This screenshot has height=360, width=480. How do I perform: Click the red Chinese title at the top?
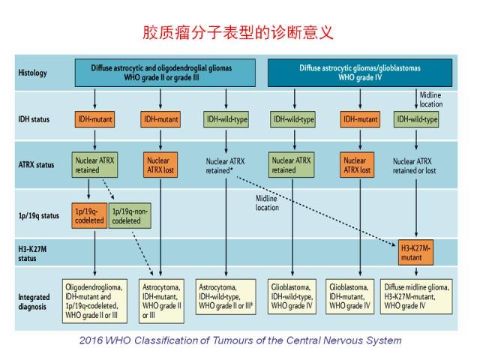(238, 33)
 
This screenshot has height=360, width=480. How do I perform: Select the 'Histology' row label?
(32, 73)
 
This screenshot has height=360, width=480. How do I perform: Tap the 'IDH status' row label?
(34, 119)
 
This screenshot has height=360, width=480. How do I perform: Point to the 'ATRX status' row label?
(36, 165)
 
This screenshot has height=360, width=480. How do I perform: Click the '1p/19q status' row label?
(38, 216)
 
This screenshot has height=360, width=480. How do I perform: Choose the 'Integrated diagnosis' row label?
(34, 301)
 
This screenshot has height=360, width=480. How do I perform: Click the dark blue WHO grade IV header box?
(360, 73)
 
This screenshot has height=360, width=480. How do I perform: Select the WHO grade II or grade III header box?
(165, 73)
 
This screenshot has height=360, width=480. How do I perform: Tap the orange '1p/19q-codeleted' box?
(89, 216)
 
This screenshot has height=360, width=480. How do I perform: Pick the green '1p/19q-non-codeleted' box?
(130, 216)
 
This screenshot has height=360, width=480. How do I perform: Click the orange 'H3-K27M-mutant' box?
(415, 253)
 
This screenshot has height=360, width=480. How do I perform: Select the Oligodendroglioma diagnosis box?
(94, 301)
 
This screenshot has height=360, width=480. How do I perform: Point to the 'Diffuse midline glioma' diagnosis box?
(416, 296)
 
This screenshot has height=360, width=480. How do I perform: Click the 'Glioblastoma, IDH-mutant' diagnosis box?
(350, 296)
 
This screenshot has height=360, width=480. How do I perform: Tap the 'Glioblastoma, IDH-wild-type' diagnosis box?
(292, 296)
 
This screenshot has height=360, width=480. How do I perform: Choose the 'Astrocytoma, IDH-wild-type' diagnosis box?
(226, 296)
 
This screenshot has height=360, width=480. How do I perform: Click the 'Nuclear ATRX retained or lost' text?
(414, 166)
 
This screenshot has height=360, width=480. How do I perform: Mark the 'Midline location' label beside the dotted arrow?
(267, 203)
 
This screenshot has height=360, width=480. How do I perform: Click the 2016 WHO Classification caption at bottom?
(240, 340)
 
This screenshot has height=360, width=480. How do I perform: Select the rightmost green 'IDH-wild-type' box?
(417, 119)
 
